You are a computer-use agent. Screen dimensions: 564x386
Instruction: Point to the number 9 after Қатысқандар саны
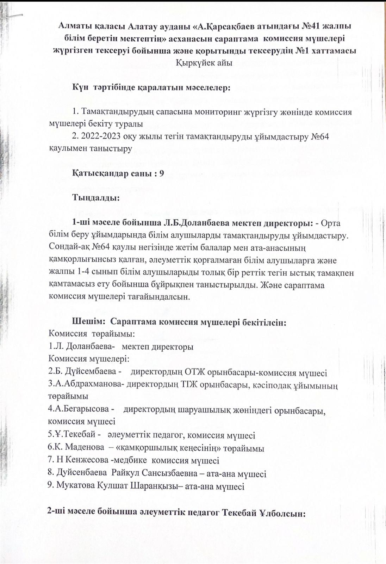click(162, 173)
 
